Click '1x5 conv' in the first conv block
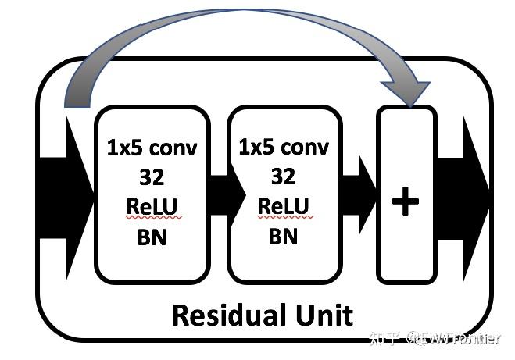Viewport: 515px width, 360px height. coord(152,148)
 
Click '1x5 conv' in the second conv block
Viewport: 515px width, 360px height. coord(284,147)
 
